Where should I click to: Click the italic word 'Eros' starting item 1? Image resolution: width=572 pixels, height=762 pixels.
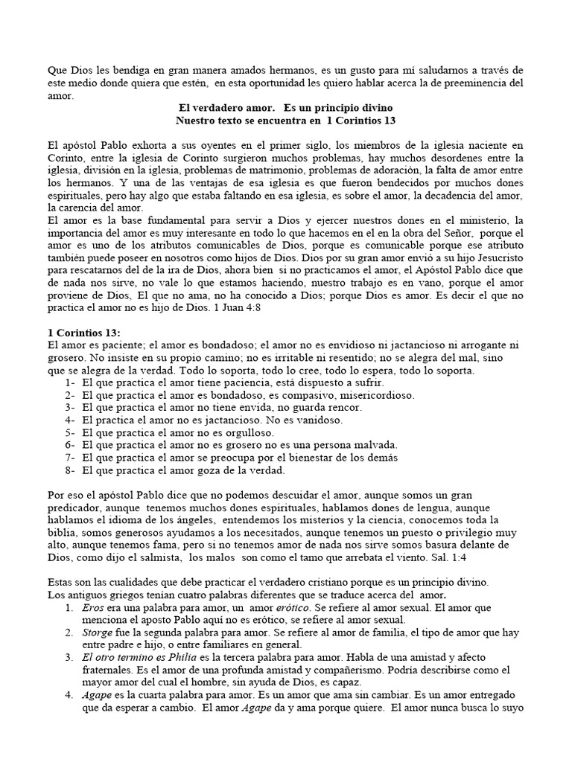click(93, 607)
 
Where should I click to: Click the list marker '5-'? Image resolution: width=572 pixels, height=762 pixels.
click(70, 432)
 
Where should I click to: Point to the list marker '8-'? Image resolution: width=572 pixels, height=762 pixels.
click(70, 470)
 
